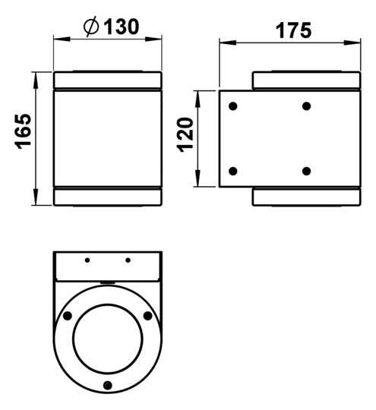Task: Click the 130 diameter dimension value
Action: (x=122, y=27)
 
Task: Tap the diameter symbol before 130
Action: (x=91, y=27)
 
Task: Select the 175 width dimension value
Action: (x=294, y=30)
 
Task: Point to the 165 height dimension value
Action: (x=24, y=131)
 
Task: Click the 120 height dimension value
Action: (x=185, y=135)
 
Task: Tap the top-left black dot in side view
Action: (x=233, y=106)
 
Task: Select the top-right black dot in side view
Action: (x=306, y=106)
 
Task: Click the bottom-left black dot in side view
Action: (x=233, y=171)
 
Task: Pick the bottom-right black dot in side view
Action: (x=306, y=171)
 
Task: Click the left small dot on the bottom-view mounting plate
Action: (x=87, y=260)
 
